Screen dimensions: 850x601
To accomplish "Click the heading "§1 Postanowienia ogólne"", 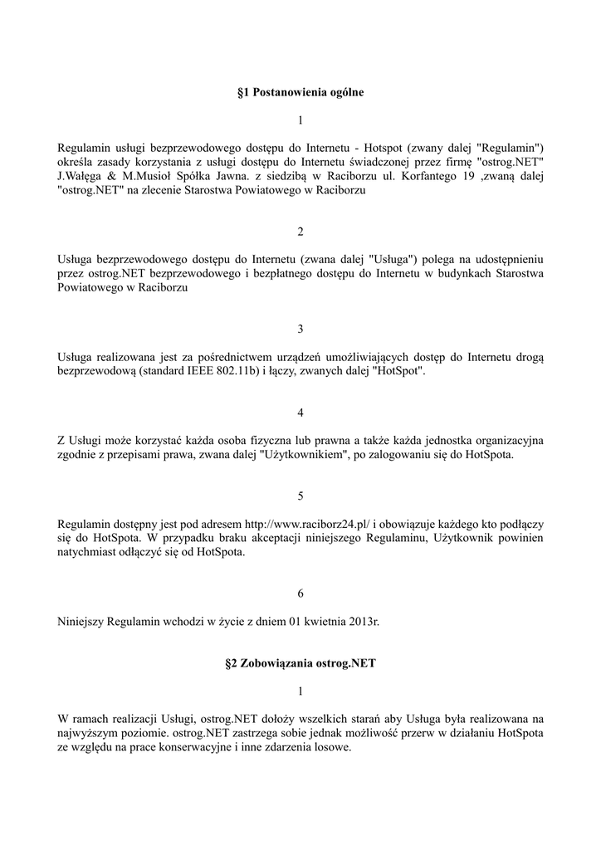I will tap(300, 93).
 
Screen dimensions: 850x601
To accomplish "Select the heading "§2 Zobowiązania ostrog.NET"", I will tap(300, 664).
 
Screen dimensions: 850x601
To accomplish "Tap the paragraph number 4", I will tap(300, 413).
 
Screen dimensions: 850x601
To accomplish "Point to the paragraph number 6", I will tap(300, 594).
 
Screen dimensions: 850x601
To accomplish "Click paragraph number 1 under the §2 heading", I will tap(300, 691).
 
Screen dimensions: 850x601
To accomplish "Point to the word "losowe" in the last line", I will tap(332, 745).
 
